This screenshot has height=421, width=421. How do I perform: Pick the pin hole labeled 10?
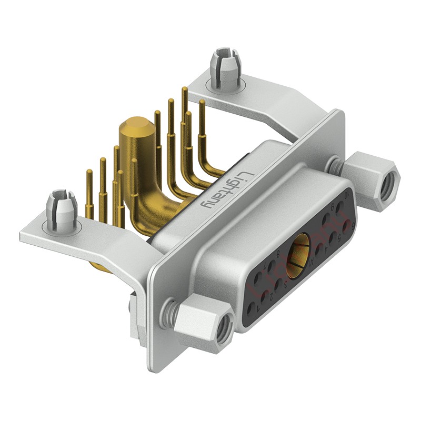coord(340,206)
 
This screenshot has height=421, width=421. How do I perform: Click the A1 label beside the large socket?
coord(312,262)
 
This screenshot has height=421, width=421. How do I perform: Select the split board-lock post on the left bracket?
coord(62,210)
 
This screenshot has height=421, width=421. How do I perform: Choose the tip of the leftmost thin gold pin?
coord(89,172)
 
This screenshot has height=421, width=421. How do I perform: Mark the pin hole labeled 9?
coord(327,218)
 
